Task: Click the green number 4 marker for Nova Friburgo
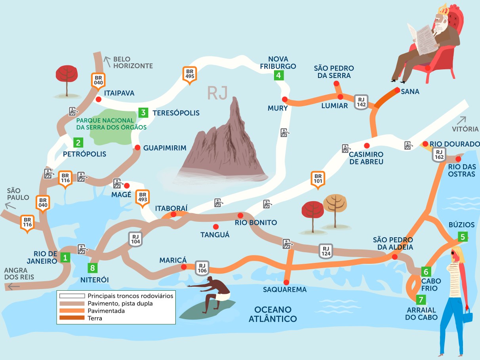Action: tap(279, 75)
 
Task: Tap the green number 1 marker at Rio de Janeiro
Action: tap(65, 258)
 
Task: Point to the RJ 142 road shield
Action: tap(361, 101)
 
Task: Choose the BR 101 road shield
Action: tap(318, 179)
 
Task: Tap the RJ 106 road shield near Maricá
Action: tap(202, 268)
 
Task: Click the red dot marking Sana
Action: tap(397, 90)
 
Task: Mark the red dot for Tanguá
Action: tap(216, 227)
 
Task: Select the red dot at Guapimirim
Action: tap(137, 147)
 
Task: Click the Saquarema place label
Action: tap(285, 290)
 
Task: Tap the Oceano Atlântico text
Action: tap(273, 314)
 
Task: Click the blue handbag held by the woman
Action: tap(468, 316)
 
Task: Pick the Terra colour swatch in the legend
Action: tap(72, 318)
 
